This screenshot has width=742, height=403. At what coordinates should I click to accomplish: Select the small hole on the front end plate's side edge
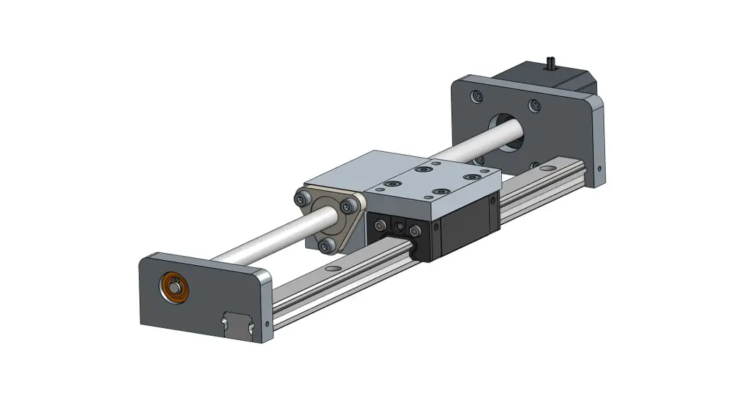(x=266, y=324)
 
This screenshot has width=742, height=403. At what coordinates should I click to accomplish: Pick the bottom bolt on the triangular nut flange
(x=326, y=245)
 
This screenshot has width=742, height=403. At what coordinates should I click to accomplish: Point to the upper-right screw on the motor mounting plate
(x=532, y=105)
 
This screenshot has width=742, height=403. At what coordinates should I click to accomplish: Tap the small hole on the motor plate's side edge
(x=599, y=169)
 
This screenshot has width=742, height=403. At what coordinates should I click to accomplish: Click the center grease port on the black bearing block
(x=399, y=227)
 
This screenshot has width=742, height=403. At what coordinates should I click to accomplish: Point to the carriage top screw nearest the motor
(x=471, y=177)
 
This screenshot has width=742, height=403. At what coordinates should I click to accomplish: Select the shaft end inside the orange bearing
(x=173, y=286)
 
